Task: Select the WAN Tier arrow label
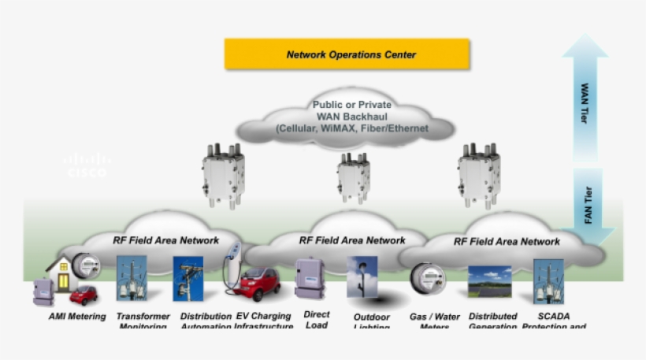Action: [x=585, y=102]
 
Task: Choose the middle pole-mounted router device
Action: [x=354, y=177]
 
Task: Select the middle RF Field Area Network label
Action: [x=352, y=239]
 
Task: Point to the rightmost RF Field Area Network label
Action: [x=507, y=241]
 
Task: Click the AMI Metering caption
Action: [x=76, y=317]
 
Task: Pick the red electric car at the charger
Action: [x=260, y=284]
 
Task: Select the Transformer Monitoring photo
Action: [x=132, y=278]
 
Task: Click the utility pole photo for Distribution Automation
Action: [x=187, y=278]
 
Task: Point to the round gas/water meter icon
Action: [x=429, y=278]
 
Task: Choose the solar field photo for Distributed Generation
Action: [x=490, y=281]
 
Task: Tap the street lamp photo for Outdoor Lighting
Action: [x=362, y=277]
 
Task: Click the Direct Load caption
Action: [x=316, y=319]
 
